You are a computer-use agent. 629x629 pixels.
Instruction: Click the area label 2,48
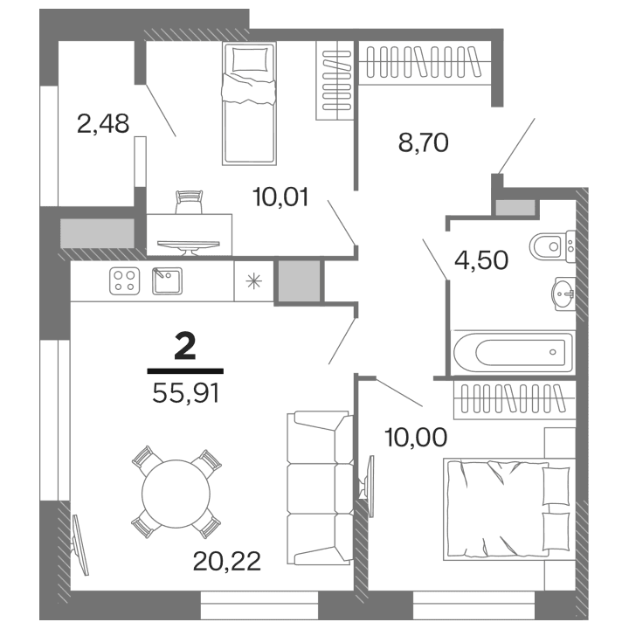pyautogui.click(x=103, y=124)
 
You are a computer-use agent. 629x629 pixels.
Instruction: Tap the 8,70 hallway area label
pyautogui.click(x=423, y=142)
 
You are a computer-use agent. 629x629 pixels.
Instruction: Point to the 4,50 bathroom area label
pyautogui.click(x=480, y=260)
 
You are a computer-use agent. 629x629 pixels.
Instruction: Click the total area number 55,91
pyautogui.click(x=185, y=393)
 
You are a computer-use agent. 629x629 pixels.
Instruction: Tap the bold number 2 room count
pyautogui.click(x=185, y=347)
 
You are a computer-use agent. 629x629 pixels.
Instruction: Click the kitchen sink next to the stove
pyautogui.click(x=165, y=280)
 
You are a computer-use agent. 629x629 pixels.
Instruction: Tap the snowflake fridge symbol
pyautogui.click(x=253, y=280)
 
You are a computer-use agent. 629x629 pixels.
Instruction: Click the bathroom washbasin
pyautogui.click(x=562, y=294)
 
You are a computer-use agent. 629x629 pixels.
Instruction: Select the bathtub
pyautogui.click(x=513, y=353)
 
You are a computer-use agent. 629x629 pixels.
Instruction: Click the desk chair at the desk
pyautogui.click(x=188, y=203)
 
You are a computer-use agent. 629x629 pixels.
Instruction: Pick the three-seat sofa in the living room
pyautogui.click(x=318, y=489)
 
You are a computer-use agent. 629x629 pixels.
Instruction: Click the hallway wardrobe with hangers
pyautogui.click(x=427, y=63)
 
